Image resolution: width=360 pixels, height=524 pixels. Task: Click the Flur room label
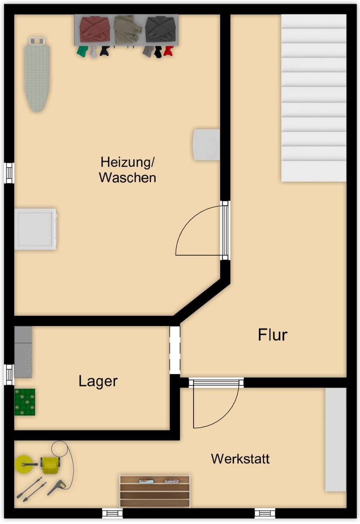pyautogui.click(x=273, y=335)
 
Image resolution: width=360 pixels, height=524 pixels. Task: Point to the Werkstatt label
pyautogui.click(x=240, y=459)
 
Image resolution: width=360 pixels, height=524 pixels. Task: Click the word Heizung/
pyautogui.click(x=127, y=162)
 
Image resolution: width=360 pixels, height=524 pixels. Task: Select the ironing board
pyautogui.click(x=37, y=74)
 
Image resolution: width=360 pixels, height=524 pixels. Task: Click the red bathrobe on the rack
pyautogui.click(x=95, y=29)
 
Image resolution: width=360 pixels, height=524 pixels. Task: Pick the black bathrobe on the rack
pyautogui.click(x=161, y=29)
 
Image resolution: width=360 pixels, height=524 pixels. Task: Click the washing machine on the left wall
pyautogui.click(x=36, y=229)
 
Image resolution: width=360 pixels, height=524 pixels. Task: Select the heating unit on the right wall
pyautogui.click(x=206, y=145)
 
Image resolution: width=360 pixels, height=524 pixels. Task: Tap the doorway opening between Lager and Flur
pyautogui.click(x=175, y=350)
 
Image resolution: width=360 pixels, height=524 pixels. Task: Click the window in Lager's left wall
pyautogui.click(x=9, y=375)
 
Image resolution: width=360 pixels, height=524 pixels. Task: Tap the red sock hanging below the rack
pyautogui.click(x=168, y=51)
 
